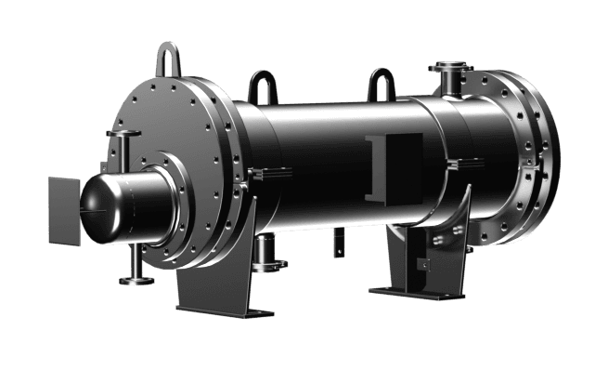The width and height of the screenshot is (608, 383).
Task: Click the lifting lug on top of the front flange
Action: pos(169,60)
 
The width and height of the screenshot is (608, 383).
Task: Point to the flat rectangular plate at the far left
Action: pos(63,212)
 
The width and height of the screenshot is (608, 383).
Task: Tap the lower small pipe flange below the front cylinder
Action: pos(129,279)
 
